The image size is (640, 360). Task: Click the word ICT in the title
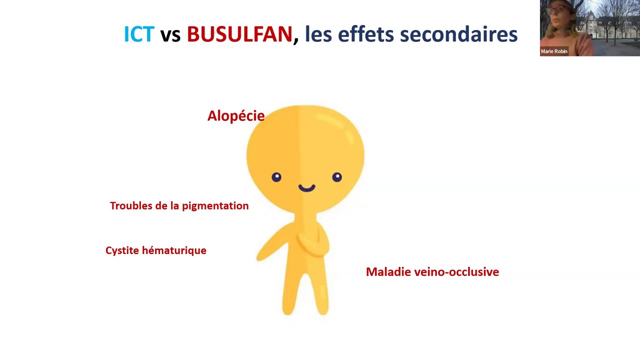pos(138,34)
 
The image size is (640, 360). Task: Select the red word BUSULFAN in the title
pos(239,34)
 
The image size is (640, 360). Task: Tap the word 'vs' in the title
pos(170,35)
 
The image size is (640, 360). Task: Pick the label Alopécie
pos(235,116)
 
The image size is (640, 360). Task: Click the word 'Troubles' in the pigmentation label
pos(130,206)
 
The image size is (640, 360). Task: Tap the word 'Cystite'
pos(122,250)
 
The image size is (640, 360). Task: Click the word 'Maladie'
pos(387,272)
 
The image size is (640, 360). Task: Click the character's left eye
pos(276,177)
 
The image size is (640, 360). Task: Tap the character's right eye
pos(337,177)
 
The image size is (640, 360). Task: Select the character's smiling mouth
pos(306,188)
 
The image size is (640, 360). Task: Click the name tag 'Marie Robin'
pos(554,51)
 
